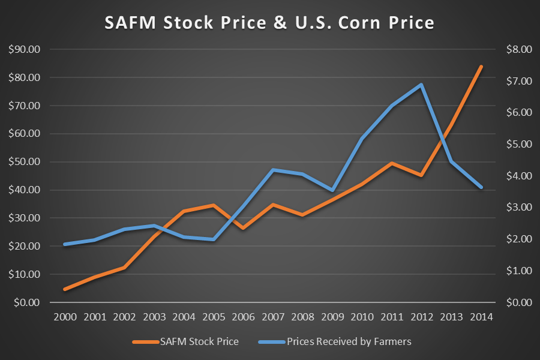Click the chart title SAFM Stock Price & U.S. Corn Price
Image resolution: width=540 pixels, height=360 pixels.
point(269,23)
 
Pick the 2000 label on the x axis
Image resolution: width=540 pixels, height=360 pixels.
point(65,317)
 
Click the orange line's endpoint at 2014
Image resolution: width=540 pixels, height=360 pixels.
point(481,67)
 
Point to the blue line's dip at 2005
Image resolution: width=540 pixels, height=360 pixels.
point(214,239)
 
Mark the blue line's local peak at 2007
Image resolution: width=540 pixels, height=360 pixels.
point(273,170)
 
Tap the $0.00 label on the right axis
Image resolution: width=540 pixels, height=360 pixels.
point(518,302)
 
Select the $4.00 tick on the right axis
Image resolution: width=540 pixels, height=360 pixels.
point(518,176)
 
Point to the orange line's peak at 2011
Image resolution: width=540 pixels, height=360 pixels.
point(392,163)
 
